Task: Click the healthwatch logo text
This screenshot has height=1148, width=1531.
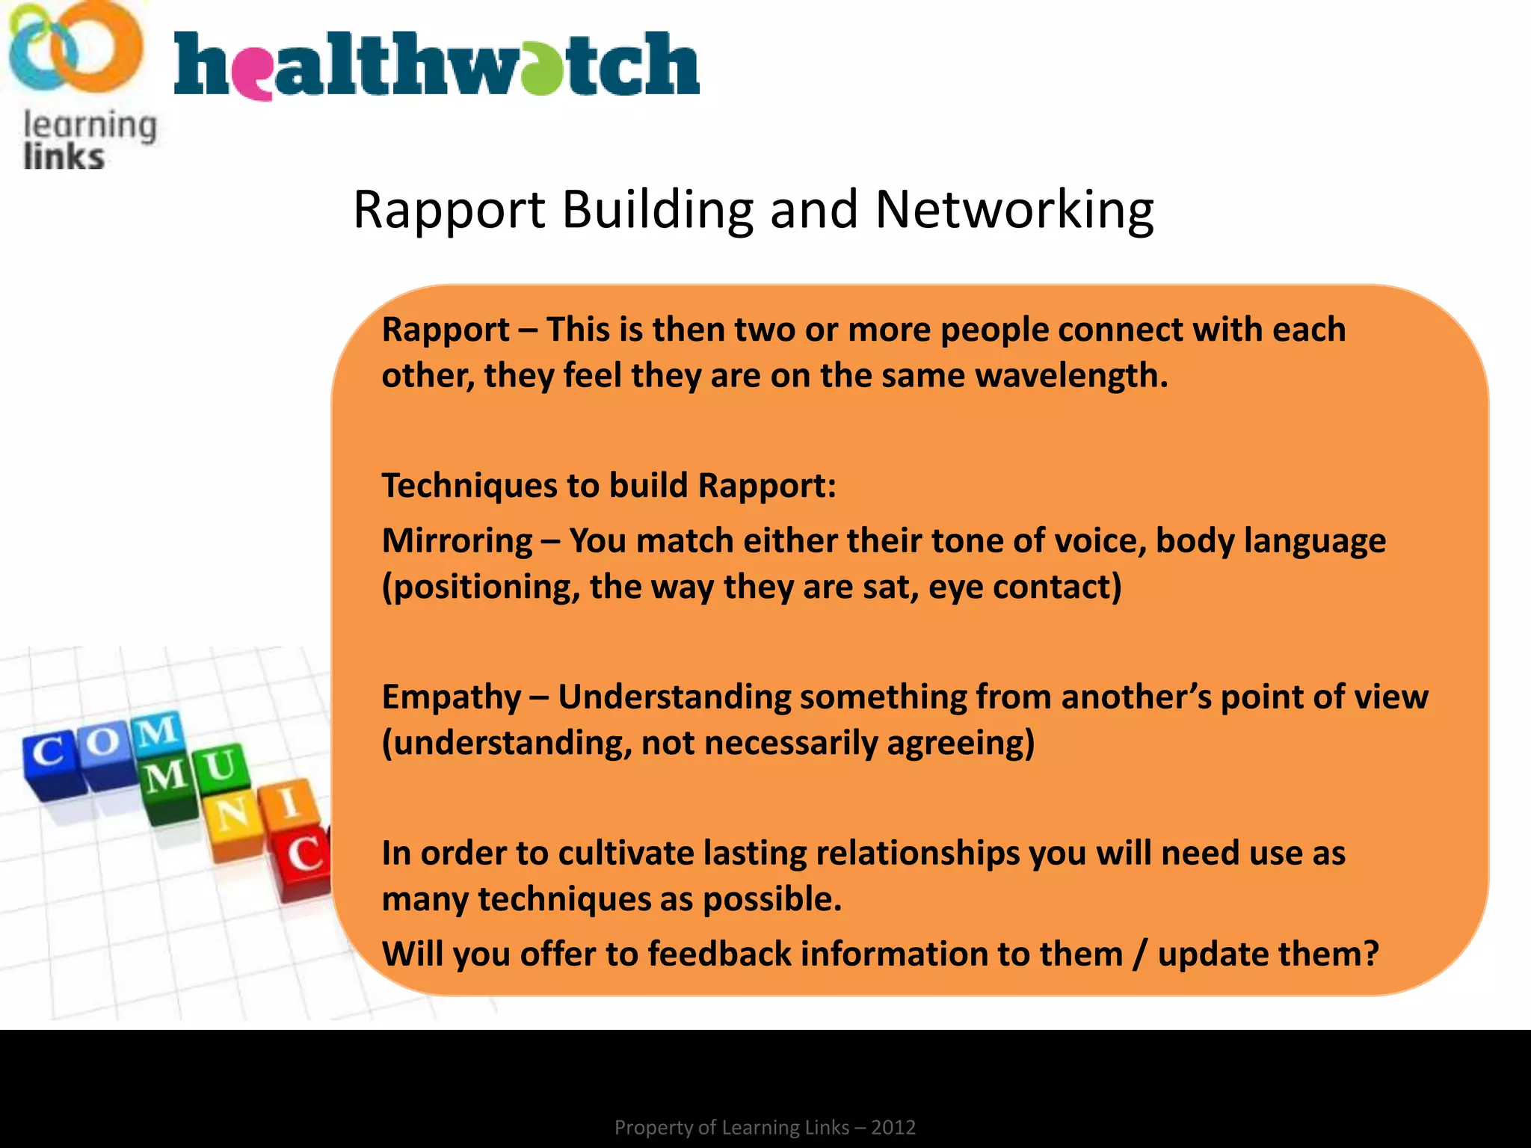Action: [437, 66]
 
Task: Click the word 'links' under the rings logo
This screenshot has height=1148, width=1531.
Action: [64, 158]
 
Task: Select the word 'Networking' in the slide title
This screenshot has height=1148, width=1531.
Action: [1014, 210]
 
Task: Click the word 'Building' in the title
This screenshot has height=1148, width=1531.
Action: [657, 210]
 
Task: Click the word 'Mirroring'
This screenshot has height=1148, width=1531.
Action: [458, 540]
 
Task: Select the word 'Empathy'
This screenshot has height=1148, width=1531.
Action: [451, 697]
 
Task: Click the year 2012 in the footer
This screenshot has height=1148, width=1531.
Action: [893, 1127]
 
